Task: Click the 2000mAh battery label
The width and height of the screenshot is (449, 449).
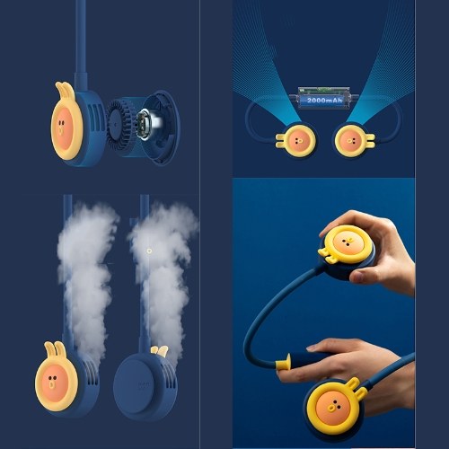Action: pyautogui.click(x=324, y=100)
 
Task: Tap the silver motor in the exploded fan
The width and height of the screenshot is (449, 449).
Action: pyautogui.click(x=150, y=124)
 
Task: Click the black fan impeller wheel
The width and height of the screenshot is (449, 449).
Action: pyautogui.click(x=119, y=126)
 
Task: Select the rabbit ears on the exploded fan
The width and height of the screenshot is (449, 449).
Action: pyautogui.click(x=65, y=92)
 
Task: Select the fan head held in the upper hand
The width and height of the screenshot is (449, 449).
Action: pyautogui.click(x=348, y=249)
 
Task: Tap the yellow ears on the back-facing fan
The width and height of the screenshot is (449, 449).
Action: pyautogui.click(x=159, y=351)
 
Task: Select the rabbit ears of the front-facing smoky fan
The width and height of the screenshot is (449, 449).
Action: pyautogui.click(x=55, y=350)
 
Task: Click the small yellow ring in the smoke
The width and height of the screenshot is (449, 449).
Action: pyautogui.click(x=149, y=251)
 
